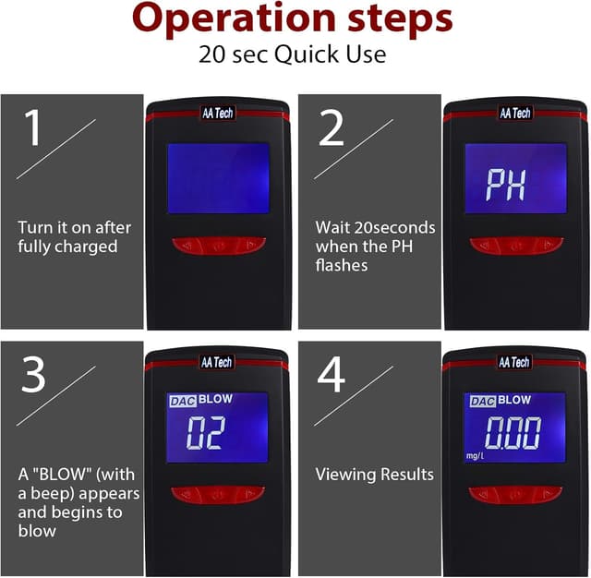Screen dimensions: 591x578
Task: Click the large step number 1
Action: pyautogui.click(x=33, y=127)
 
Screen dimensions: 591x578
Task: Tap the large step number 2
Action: pyautogui.click(x=332, y=127)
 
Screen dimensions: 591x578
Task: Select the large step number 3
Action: pyautogui.click(x=33, y=374)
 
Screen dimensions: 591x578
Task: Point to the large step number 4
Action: pyautogui.click(x=332, y=374)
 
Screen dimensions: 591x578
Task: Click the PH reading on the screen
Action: pyautogui.click(x=505, y=185)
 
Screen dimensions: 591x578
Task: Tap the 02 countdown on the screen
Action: pyautogui.click(x=206, y=433)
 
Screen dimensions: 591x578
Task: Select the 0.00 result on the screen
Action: pyautogui.click(x=513, y=433)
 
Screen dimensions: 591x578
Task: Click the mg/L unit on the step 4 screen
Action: pyautogui.click(x=475, y=456)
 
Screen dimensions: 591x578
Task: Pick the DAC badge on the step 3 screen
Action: pyautogui.click(x=183, y=401)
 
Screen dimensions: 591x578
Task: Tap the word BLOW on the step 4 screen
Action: pyautogui.click(x=514, y=400)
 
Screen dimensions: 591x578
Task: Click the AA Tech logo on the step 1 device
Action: pyautogui.click(x=218, y=113)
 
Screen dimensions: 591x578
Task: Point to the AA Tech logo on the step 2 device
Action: pyautogui.click(x=515, y=113)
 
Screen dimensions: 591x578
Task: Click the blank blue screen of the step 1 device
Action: pyautogui.click(x=218, y=178)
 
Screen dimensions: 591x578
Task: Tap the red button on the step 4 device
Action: pyautogui.click(x=515, y=495)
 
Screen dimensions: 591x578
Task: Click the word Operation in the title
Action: pyautogui.click(x=234, y=18)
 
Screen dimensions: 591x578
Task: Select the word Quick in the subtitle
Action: pyautogui.click(x=307, y=54)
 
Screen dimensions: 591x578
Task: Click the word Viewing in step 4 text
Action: pyautogui.click(x=345, y=475)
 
